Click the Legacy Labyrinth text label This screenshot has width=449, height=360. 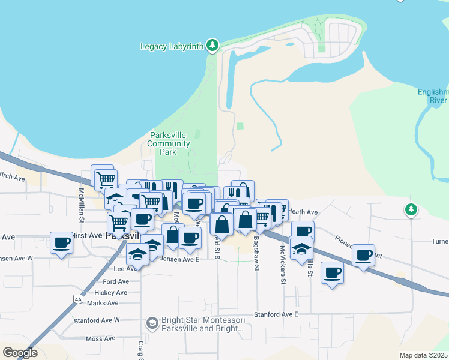[x=172, y=46]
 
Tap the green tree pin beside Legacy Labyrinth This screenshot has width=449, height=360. [x=211, y=45]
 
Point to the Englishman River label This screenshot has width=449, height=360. [x=433, y=96]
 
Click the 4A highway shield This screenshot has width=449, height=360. [x=78, y=299]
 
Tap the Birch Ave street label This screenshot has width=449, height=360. [x=12, y=178]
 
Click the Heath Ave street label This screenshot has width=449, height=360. [x=303, y=212]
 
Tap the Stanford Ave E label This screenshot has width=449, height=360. [x=276, y=314]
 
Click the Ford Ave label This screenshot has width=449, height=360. [x=116, y=281]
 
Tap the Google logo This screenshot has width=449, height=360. [x=20, y=352]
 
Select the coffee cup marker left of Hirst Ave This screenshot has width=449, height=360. [x=61, y=244]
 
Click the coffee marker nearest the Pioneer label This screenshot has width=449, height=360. [x=363, y=256]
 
